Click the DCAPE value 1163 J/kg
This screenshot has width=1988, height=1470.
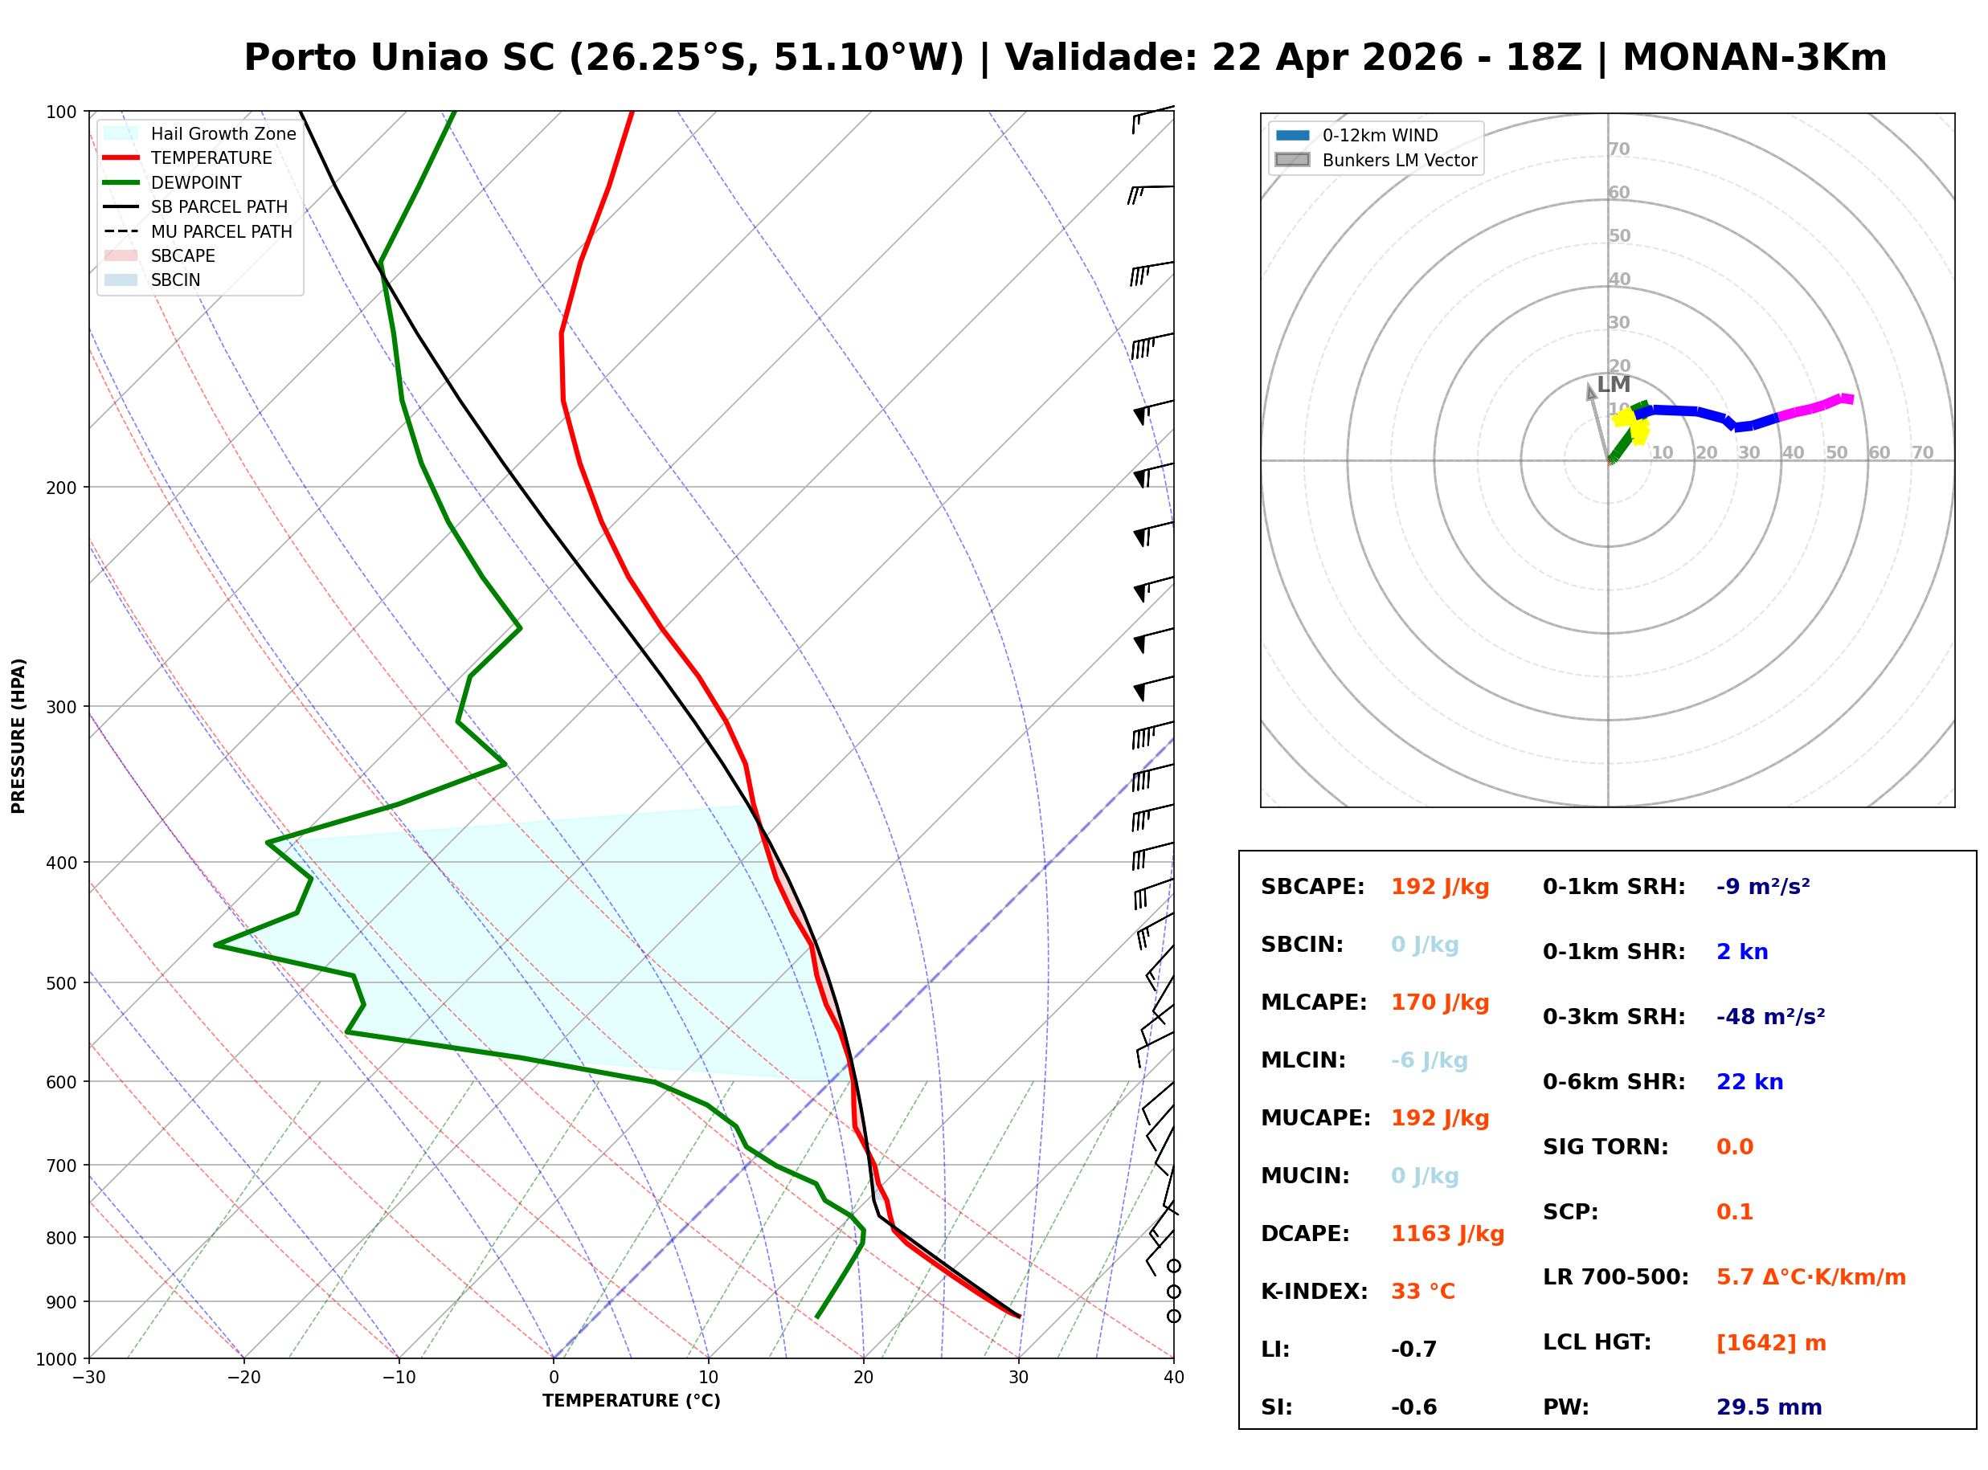pos(1447,1233)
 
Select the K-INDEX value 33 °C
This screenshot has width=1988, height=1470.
pos(1423,1291)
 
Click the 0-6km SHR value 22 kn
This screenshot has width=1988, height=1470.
pos(1749,1081)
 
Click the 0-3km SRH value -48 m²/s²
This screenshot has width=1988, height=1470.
pos(1770,1016)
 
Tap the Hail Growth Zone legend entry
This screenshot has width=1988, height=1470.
pos(223,133)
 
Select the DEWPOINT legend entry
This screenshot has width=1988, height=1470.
pos(196,182)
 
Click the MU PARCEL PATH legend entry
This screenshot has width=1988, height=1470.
pos(221,231)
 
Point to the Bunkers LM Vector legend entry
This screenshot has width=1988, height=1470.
pos(1399,160)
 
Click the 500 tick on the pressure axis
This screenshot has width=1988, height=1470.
pos(60,983)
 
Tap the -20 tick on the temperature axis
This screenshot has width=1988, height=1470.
pos(243,1378)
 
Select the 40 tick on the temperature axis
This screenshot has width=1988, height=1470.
pos(1173,1378)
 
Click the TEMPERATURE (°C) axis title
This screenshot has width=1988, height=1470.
pos(631,1401)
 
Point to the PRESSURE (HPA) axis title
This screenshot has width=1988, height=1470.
pos(18,735)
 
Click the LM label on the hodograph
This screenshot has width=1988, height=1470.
pos(1614,385)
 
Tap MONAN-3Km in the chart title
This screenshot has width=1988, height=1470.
pos(1754,58)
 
